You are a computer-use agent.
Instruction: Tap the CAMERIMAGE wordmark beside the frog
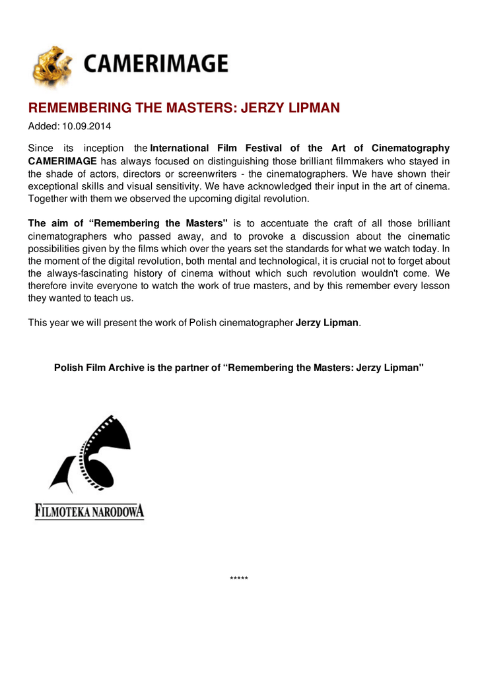155,64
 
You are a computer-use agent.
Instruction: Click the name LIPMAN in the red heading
311,108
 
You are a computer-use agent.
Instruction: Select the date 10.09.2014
89,125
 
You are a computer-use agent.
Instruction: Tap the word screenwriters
219,174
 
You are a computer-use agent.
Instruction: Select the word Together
49,198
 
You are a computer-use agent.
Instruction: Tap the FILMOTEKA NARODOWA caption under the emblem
89,511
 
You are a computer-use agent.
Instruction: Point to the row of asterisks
239,580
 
